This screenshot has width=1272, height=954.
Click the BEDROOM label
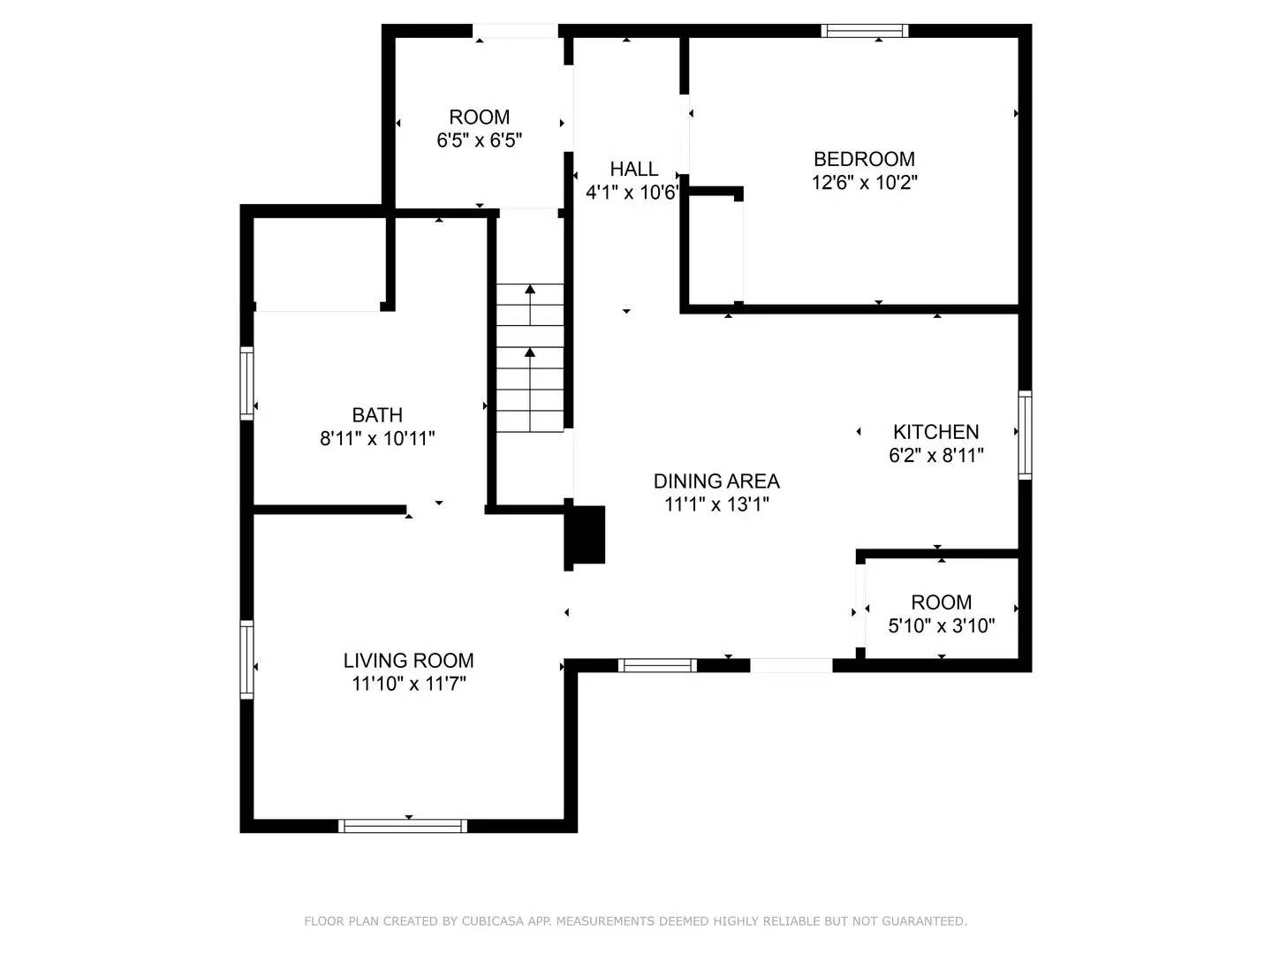[x=863, y=159]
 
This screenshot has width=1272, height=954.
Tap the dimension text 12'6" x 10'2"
[x=864, y=183]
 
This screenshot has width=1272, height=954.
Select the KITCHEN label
[x=935, y=432]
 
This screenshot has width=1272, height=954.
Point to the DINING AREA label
[x=716, y=481]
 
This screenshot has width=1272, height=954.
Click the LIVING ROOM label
[x=408, y=661]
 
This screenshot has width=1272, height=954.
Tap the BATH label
[x=377, y=415]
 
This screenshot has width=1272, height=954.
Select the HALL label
[x=633, y=169]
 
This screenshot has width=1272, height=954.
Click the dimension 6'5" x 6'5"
[x=480, y=140]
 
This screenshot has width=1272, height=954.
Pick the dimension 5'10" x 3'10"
[x=941, y=626]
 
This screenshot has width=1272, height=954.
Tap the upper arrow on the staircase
[x=530, y=295]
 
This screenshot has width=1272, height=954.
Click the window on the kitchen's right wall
[x=1025, y=435]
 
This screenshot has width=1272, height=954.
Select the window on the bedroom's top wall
[x=864, y=31]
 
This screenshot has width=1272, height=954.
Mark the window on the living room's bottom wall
[x=403, y=826]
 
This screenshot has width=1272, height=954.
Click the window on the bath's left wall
[x=247, y=382]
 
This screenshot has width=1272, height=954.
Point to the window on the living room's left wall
[x=247, y=660]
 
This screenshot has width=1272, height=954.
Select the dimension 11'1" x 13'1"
[x=716, y=505]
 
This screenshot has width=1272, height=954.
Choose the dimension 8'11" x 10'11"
[x=377, y=438]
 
